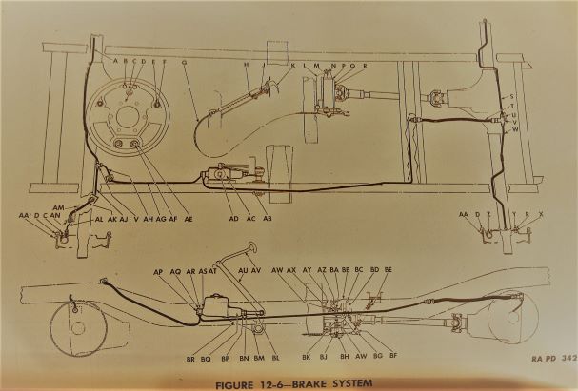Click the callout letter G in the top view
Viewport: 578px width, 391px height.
point(184,63)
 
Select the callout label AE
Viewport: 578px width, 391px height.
point(189,219)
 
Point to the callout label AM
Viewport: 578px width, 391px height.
point(58,207)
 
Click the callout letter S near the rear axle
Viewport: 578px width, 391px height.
point(511,98)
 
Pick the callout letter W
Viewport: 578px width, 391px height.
point(514,129)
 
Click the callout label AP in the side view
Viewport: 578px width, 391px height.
point(158,271)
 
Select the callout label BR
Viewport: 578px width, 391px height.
point(191,358)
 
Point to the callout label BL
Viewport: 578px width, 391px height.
point(275,358)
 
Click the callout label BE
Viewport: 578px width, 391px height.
point(388,271)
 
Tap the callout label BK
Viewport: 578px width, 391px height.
point(307,357)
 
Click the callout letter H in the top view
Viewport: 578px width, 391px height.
point(247,64)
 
